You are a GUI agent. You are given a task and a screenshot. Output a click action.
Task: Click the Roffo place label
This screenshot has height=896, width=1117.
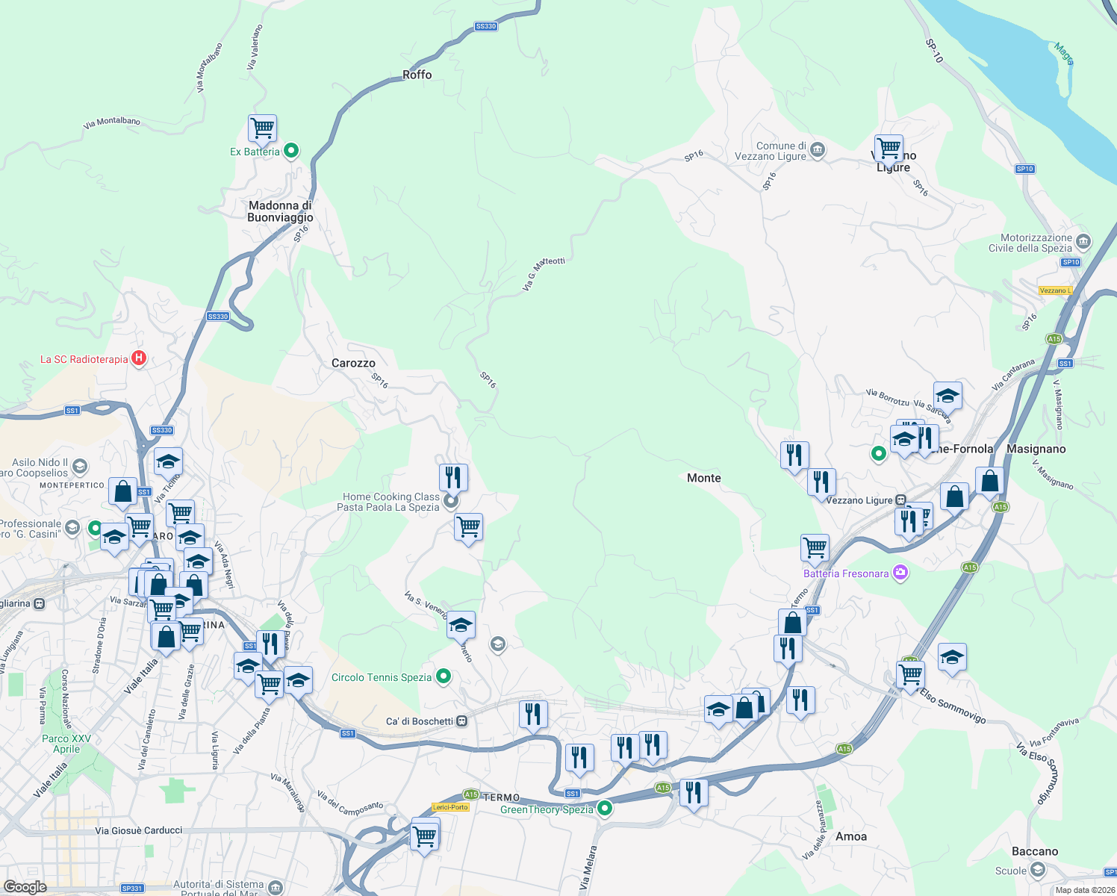417,75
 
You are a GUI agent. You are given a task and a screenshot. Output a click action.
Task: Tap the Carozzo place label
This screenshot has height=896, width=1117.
353,363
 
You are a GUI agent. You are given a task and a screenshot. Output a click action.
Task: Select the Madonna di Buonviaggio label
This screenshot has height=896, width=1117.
280,211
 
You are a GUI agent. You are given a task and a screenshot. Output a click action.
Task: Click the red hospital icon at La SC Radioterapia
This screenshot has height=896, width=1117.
139,358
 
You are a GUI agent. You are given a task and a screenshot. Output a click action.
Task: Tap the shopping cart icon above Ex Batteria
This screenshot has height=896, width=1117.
262,128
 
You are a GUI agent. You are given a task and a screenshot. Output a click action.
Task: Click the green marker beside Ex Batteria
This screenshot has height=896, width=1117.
291,151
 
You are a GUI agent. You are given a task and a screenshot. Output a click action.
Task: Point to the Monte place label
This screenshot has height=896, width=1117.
703,478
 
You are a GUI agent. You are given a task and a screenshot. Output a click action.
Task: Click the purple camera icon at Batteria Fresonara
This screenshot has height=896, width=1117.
900,573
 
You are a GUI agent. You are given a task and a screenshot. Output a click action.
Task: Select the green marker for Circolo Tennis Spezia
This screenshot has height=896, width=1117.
444,676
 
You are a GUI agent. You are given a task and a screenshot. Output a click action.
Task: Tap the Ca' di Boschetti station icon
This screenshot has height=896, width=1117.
462,721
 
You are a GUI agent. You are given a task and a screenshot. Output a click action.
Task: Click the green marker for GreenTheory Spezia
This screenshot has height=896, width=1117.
606,808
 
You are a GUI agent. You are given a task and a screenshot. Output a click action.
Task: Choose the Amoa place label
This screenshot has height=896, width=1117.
851,836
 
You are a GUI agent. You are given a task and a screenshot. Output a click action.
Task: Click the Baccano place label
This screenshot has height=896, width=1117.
1035,851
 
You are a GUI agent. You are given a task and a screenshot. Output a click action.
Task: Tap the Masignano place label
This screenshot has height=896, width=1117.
1036,449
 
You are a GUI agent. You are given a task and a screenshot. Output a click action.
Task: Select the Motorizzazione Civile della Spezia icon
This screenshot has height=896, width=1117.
1083,242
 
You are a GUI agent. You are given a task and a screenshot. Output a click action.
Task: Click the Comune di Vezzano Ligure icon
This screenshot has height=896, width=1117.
818,150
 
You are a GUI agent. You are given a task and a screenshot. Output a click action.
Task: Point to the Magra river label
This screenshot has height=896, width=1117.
1064,54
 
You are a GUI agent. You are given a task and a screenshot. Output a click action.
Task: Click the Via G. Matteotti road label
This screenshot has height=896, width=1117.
544,273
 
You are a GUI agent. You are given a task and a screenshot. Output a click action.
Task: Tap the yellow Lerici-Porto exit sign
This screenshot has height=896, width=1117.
450,807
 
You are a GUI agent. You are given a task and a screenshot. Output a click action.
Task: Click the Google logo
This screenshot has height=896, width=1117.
25,886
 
